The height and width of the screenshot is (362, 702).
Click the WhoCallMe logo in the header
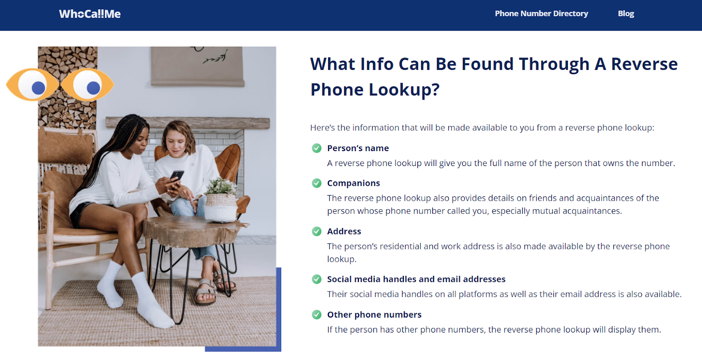[x=90, y=14]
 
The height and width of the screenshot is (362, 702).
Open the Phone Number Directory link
[x=541, y=14]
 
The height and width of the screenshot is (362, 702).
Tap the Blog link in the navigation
[x=626, y=14]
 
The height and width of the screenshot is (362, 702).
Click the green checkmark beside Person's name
[x=316, y=148]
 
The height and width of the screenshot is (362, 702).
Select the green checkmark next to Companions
[x=316, y=183]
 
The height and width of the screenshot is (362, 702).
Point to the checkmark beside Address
[x=316, y=231]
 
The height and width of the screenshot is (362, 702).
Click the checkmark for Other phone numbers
[x=316, y=314]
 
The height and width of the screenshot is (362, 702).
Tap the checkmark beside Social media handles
[x=316, y=279]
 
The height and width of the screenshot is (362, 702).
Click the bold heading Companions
[x=354, y=183]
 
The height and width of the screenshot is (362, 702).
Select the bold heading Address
[x=344, y=231]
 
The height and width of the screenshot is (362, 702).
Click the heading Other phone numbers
[x=374, y=314]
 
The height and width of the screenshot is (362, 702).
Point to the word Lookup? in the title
[x=404, y=90]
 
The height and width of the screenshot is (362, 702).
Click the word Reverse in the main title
[x=645, y=64]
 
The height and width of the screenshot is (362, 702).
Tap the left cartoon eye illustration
[x=32, y=85]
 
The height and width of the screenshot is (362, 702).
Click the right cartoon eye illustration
[x=87, y=85]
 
